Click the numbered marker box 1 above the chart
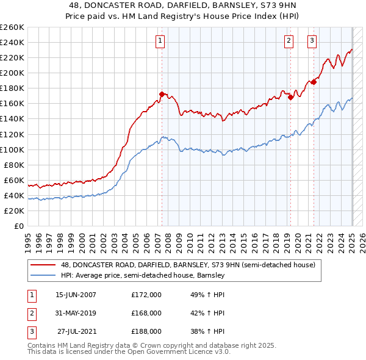click(160, 41)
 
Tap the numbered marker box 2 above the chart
click(288, 41)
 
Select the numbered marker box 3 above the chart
click(312, 41)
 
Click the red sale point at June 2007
click(162, 94)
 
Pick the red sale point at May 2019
click(291, 97)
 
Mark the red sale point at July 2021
click(314, 82)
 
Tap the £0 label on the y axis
click(18, 226)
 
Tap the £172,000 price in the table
click(146, 294)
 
